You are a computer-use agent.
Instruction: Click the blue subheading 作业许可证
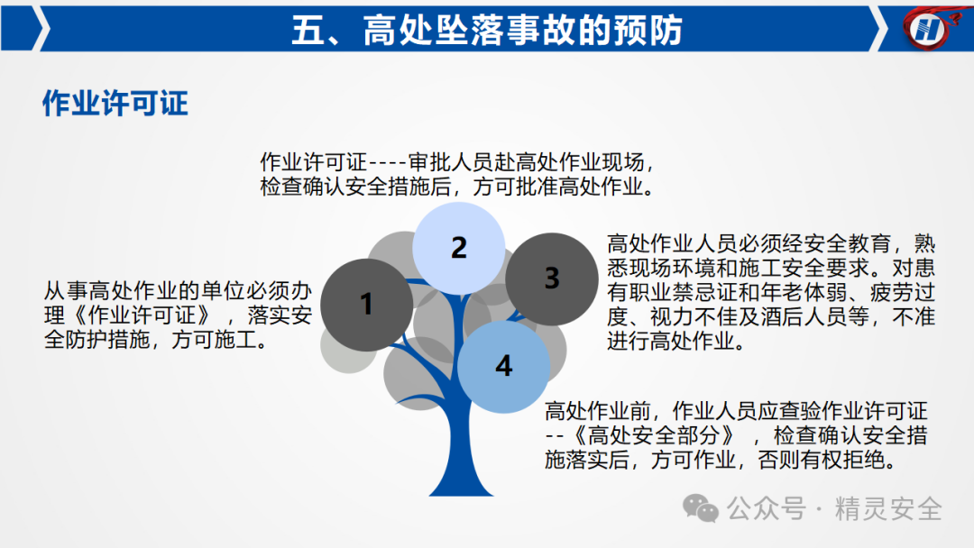point(115,103)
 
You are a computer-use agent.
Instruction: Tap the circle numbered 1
point(366,305)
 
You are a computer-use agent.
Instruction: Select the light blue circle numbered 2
point(458,248)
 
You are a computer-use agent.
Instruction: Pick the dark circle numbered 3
point(552,279)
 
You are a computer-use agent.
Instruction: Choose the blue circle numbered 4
point(504,366)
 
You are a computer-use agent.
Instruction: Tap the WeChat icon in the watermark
point(700,509)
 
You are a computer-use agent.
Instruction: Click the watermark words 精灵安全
point(888,509)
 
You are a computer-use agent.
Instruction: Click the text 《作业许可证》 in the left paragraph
point(142,315)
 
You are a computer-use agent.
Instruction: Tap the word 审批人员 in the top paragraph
point(451,162)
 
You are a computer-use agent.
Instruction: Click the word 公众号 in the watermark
point(767,509)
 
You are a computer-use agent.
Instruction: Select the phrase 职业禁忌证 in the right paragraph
point(683,292)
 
